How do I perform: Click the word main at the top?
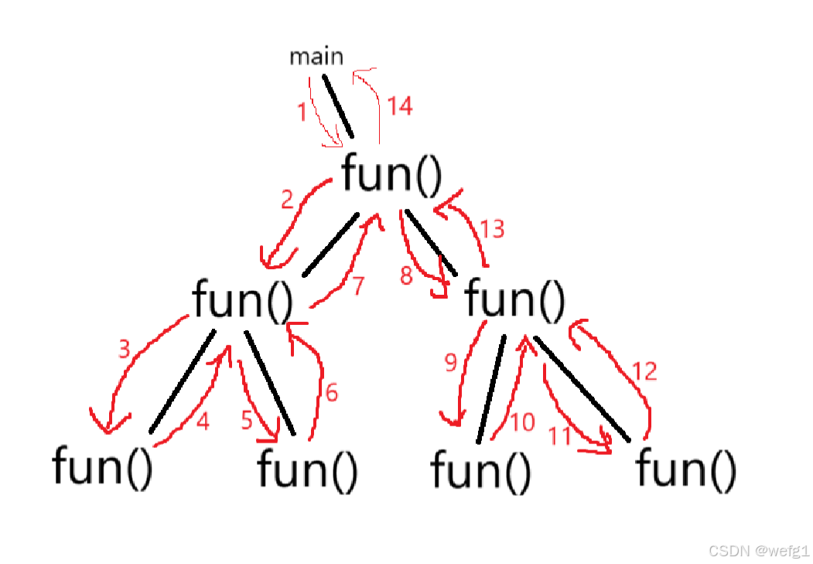pyautogui.click(x=316, y=56)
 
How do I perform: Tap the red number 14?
pyautogui.click(x=399, y=106)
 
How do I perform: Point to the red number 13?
pyautogui.click(x=492, y=228)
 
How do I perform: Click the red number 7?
pyautogui.click(x=357, y=286)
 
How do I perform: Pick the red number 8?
pyautogui.click(x=407, y=275)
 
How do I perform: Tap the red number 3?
pyautogui.click(x=124, y=350)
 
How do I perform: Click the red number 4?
pyautogui.click(x=203, y=422)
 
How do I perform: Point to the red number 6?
pyautogui.click(x=331, y=393)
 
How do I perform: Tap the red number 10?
pyautogui.click(x=523, y=422)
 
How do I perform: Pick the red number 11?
pyautogui.click(x=560, y=436)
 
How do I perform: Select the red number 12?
pyautogui.click(x=644, y=371)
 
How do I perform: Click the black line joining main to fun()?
pyautogui.click(x=337, y=106)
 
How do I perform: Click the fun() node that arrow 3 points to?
pyautogui.click(x=102, y=466)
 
